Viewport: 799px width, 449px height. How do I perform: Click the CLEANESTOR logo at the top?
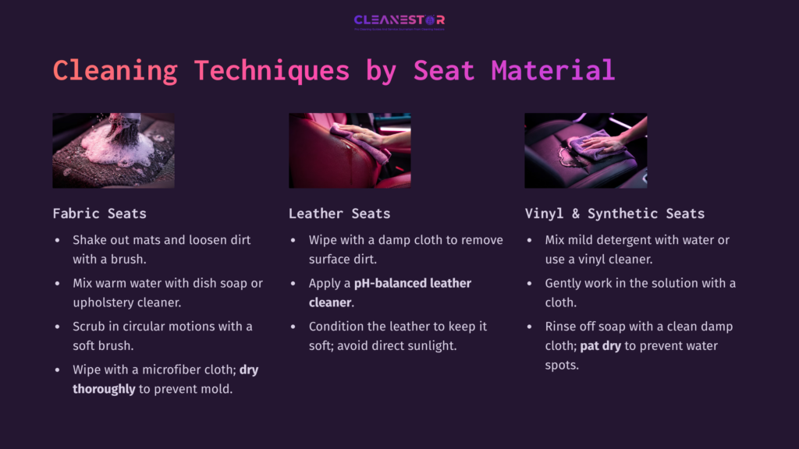point(399,21)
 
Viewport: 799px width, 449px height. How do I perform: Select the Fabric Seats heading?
point(99,214)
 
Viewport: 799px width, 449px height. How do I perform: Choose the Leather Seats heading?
point(339,214)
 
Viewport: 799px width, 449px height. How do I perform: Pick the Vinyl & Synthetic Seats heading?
point(615,214)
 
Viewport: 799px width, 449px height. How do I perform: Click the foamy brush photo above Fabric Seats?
point(114,150)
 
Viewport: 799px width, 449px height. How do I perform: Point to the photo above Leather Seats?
point(350,150)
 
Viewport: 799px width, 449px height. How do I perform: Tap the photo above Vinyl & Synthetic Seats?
point(585,150)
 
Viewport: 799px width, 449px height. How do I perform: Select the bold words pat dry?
point(601,345)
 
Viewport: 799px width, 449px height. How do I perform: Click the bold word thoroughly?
point(104,388)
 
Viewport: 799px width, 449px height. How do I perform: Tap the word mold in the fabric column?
point(218,388)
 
